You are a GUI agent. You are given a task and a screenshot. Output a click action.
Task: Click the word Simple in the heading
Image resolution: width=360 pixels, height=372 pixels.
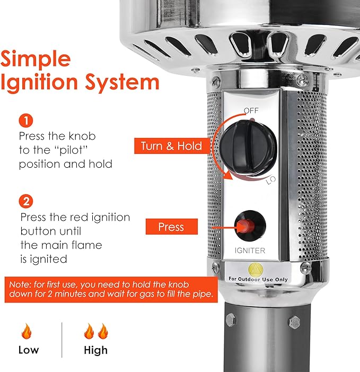click(x=36, y=58)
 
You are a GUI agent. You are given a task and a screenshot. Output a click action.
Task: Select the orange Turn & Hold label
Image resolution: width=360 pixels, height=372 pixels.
click(x=171, y=146)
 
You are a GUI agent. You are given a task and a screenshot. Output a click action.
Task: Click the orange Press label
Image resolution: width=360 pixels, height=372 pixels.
click(x=172, y=227)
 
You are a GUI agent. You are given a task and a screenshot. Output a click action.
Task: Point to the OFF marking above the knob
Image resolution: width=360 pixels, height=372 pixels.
click(x=251, y=110)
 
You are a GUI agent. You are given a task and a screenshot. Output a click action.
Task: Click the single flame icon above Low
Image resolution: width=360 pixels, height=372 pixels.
click(x=26, y=333)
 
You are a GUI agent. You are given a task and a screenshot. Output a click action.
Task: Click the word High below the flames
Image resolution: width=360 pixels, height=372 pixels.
click(x=95, y=350)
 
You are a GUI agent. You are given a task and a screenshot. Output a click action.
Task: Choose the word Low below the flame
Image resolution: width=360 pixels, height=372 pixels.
click(x=28, y=350)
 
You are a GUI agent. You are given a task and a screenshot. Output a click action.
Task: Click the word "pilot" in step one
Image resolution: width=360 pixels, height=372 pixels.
click(x=68, y=150)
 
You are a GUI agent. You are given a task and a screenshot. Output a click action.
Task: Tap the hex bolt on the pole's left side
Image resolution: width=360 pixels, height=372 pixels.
click(x=230, y=320)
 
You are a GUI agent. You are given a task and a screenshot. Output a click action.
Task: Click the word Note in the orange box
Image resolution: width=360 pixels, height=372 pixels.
click(x=20, y=285)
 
